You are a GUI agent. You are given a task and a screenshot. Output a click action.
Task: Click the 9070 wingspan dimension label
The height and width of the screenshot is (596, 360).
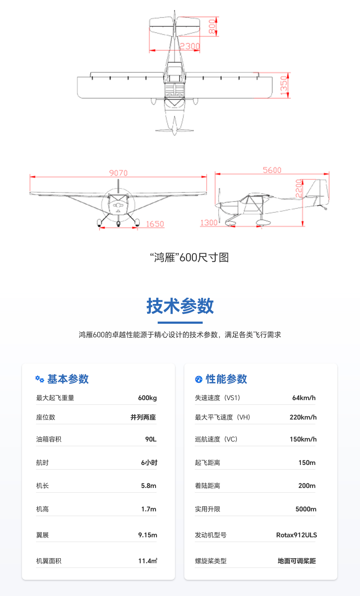[x=118, y=173]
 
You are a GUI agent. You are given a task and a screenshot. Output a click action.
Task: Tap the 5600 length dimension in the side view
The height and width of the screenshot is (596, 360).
[x=272, y=170]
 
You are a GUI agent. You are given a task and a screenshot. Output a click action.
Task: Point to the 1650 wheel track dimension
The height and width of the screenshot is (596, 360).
[x=155, y=224]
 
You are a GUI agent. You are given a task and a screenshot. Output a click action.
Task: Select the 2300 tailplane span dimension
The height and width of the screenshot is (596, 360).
[x=190, y=46]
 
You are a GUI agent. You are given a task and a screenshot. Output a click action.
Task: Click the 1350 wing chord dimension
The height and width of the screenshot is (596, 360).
[x=284, y=86]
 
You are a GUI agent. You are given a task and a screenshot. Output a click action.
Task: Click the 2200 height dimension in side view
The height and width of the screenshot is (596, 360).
[x=299, y=188]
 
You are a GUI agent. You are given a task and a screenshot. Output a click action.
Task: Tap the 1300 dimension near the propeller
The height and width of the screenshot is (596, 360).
[x=209, y=223]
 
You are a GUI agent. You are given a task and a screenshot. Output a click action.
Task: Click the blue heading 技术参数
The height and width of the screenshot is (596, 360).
[x=180, y=306]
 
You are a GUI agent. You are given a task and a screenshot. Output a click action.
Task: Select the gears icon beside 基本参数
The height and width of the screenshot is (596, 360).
[x=40, y=379]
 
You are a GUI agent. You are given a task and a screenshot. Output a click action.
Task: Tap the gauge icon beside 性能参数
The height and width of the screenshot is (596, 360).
[x=199, y=379]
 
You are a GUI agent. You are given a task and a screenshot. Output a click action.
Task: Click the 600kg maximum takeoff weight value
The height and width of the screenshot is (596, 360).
[x=147, y=398]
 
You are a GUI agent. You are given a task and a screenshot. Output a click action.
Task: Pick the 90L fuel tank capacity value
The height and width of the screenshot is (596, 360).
[x=151, y=439]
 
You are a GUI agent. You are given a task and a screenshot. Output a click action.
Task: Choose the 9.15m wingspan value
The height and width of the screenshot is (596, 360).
[x=148, y=535]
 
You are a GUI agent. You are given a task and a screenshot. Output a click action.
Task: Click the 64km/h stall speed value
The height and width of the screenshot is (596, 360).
[x=304, y=398]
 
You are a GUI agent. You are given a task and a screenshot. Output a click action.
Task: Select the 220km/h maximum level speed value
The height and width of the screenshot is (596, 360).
[x=303, y=417]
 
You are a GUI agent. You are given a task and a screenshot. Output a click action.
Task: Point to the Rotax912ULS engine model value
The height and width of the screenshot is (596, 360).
[x=296, y=535]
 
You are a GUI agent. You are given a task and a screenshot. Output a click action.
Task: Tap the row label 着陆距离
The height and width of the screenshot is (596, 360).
[x=207, y=485]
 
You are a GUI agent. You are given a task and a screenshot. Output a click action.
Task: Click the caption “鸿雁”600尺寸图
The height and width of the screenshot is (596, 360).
[x=189, y=257]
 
